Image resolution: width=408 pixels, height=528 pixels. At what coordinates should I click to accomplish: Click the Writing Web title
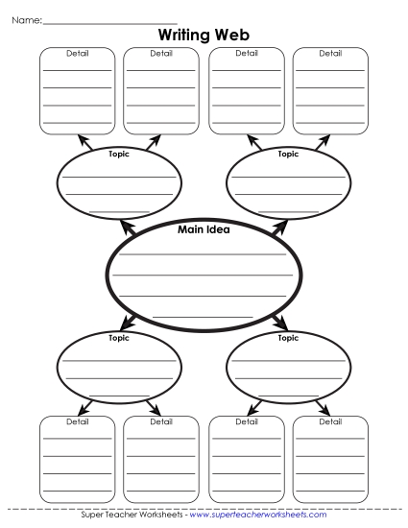pos(204,35)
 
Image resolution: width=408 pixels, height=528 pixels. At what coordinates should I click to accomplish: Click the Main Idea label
pos(204,229)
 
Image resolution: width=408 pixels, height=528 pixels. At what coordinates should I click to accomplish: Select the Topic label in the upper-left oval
pos(119,154)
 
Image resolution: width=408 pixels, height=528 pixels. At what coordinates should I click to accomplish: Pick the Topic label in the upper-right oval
pos(288,154)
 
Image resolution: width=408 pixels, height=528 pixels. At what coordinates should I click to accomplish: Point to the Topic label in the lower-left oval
pos(119,338)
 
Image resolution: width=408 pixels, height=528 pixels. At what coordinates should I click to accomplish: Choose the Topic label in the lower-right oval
pos(288,338)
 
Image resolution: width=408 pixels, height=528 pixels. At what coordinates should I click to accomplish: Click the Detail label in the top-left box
pos(77,53)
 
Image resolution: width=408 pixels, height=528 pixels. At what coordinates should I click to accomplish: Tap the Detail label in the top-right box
pos(330,53)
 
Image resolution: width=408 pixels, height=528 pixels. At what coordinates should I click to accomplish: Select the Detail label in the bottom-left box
pos(77,421)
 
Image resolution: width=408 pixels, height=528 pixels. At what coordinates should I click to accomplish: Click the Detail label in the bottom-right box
pos(330,421)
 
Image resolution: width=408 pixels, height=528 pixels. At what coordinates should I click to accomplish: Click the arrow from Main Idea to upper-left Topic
pos(125,228)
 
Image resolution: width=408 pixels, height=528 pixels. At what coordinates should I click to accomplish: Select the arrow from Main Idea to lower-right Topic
pos(281,320)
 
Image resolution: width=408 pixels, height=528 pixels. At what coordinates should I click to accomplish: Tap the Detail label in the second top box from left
pos(161,53)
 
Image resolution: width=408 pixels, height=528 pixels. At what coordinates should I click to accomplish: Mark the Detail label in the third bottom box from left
pos(246,421)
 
